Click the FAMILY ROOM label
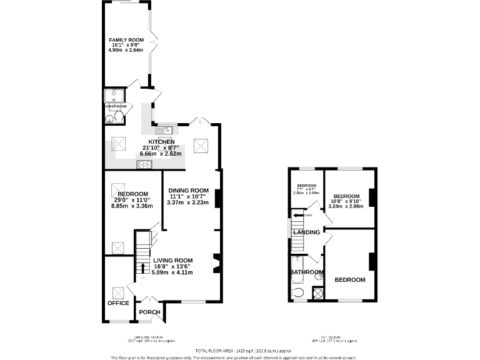click(x=127, y=40)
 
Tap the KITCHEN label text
click(x=161, y=142)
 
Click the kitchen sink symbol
click(x=164, y=131)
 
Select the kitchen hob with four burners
click(x=144, y=164)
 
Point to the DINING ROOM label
click(x=188, y=191)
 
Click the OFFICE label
click(x=117, y=303)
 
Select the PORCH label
click(x=149, y=312)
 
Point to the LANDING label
click(x=306, y=232)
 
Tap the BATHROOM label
click(x=306, y=272)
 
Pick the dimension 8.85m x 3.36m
click(x=132, y=206)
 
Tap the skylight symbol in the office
click(x=117, y=291)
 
